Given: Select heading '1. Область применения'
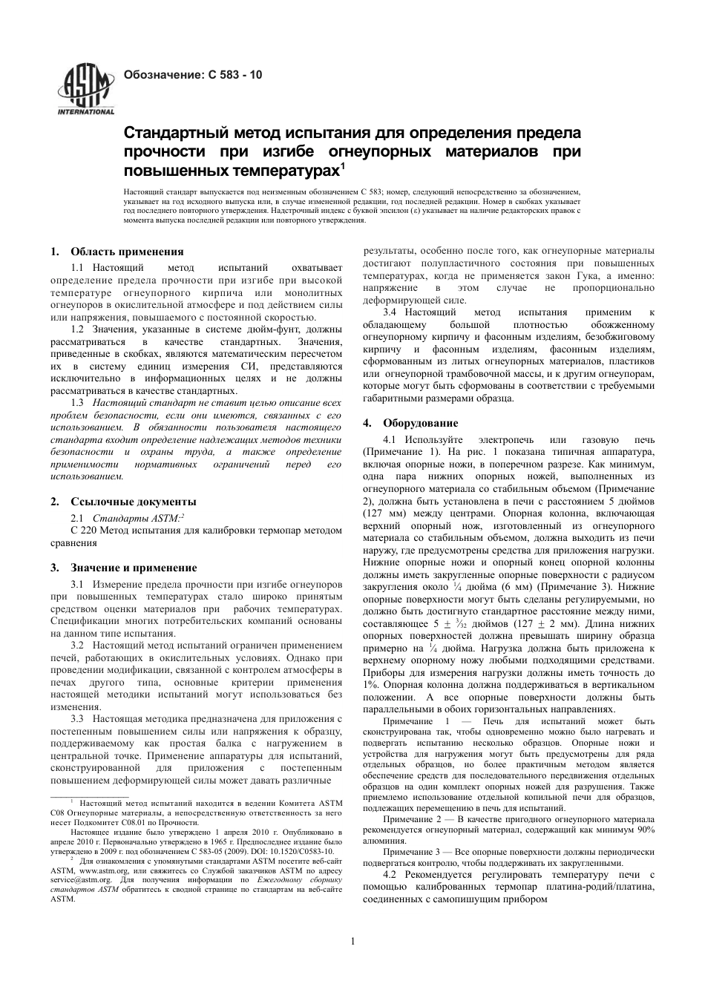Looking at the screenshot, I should tap(117, 252).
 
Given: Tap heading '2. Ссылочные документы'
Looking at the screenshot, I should tap(123, 502).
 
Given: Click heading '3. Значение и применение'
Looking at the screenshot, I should tap(123, 568).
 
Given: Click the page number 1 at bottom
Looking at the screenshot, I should tap(352, 942).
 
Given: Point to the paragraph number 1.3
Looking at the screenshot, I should tap(77, 401).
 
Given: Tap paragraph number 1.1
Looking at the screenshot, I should tap(77, 267).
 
